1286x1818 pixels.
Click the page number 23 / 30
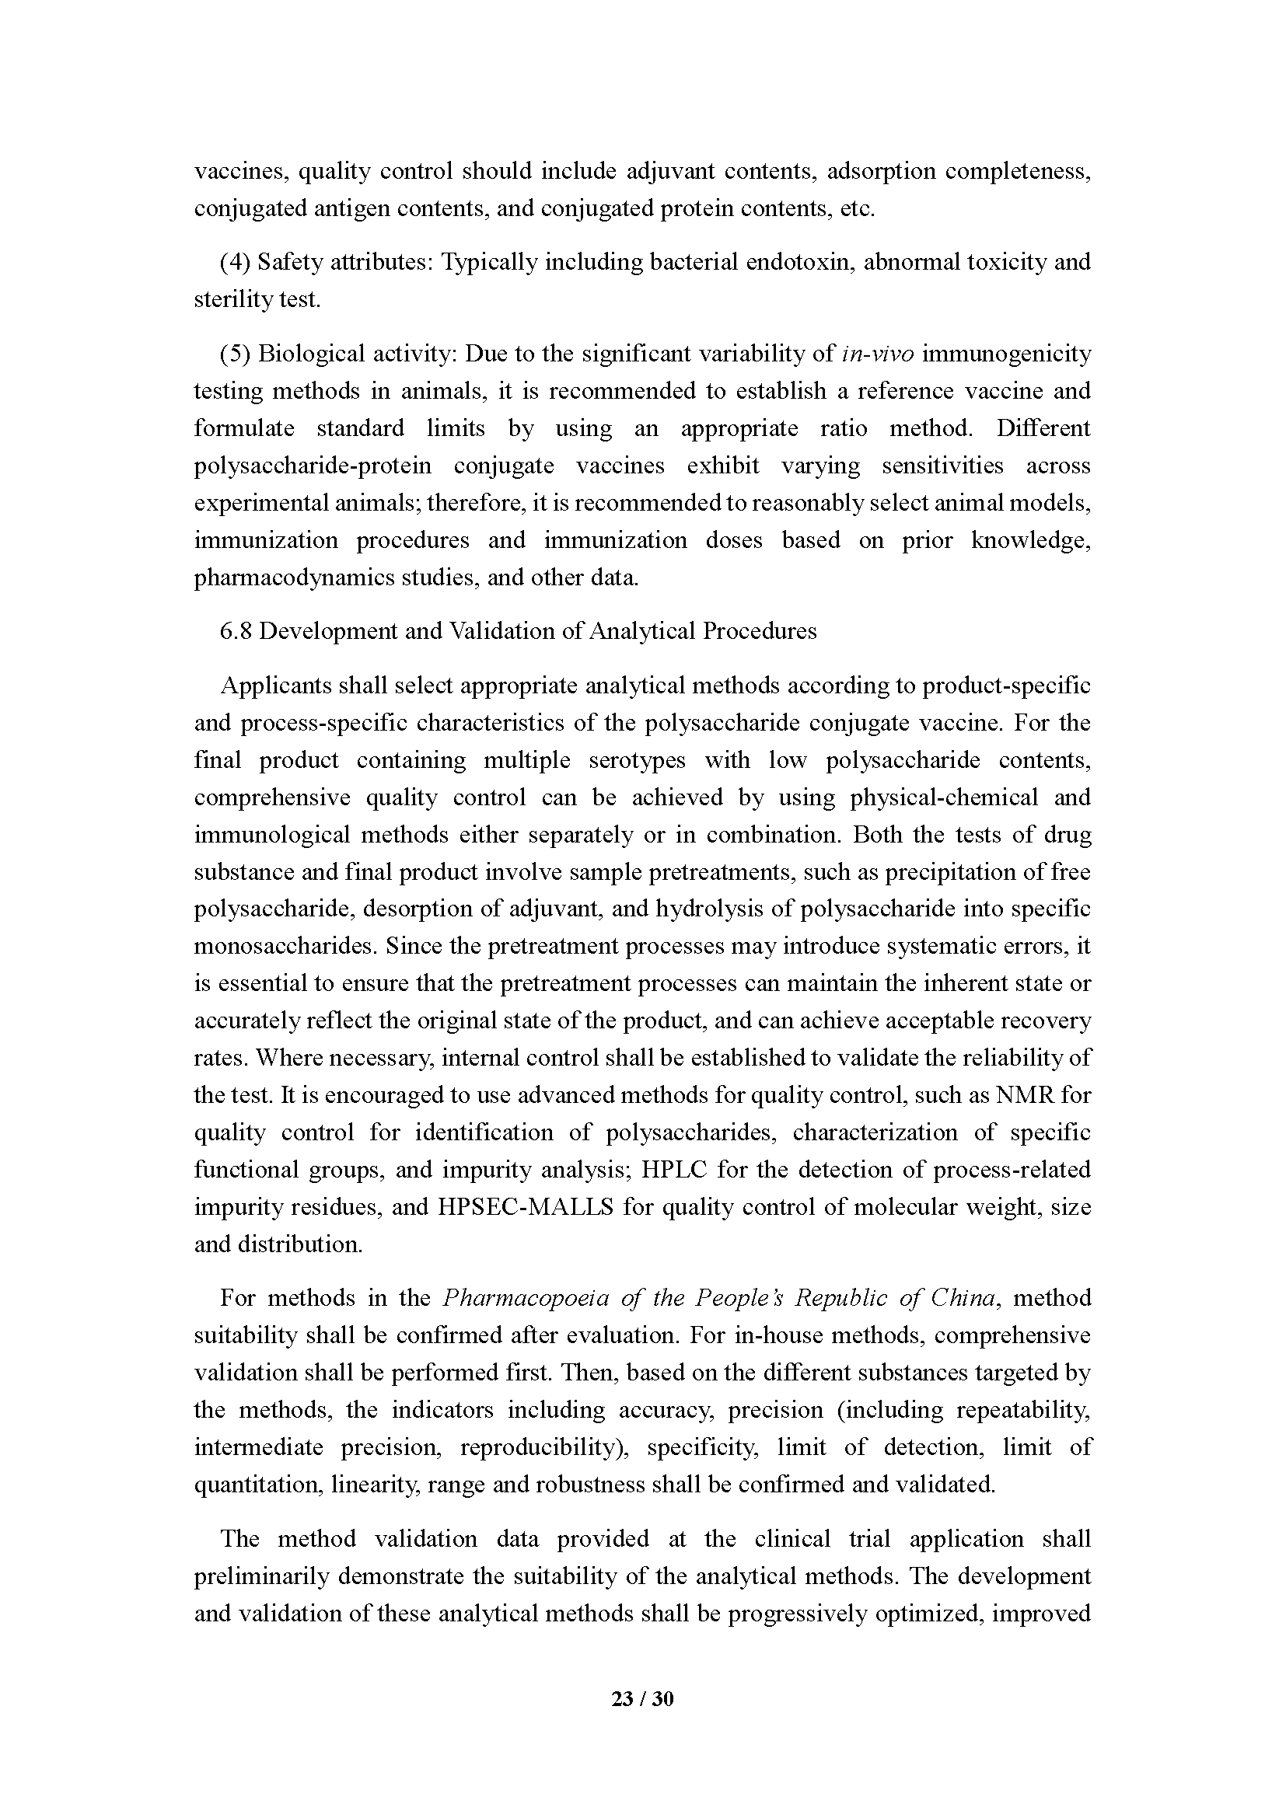coord(642,1698)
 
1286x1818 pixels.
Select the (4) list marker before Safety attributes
coord(235,262)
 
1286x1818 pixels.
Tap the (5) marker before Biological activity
coord(235,354)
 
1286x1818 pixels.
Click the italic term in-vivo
coord(878,354)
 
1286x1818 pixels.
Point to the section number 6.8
coord(236,631)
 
